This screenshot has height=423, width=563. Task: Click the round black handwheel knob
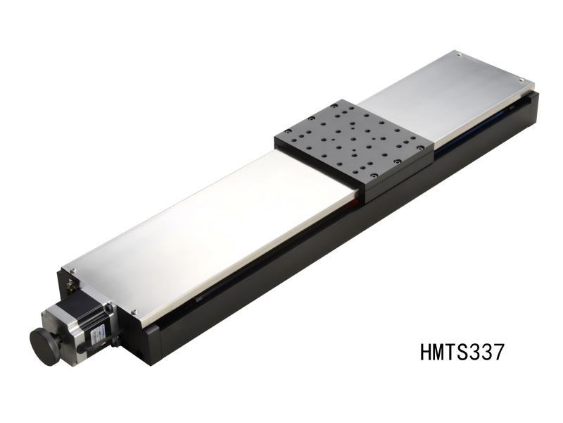[44, 345]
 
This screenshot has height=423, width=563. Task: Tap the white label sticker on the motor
[98, 334]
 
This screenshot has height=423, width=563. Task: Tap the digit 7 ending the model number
[498, 351]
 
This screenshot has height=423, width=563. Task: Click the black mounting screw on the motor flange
[109, 307]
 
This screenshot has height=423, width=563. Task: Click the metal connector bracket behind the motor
[70, 286]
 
